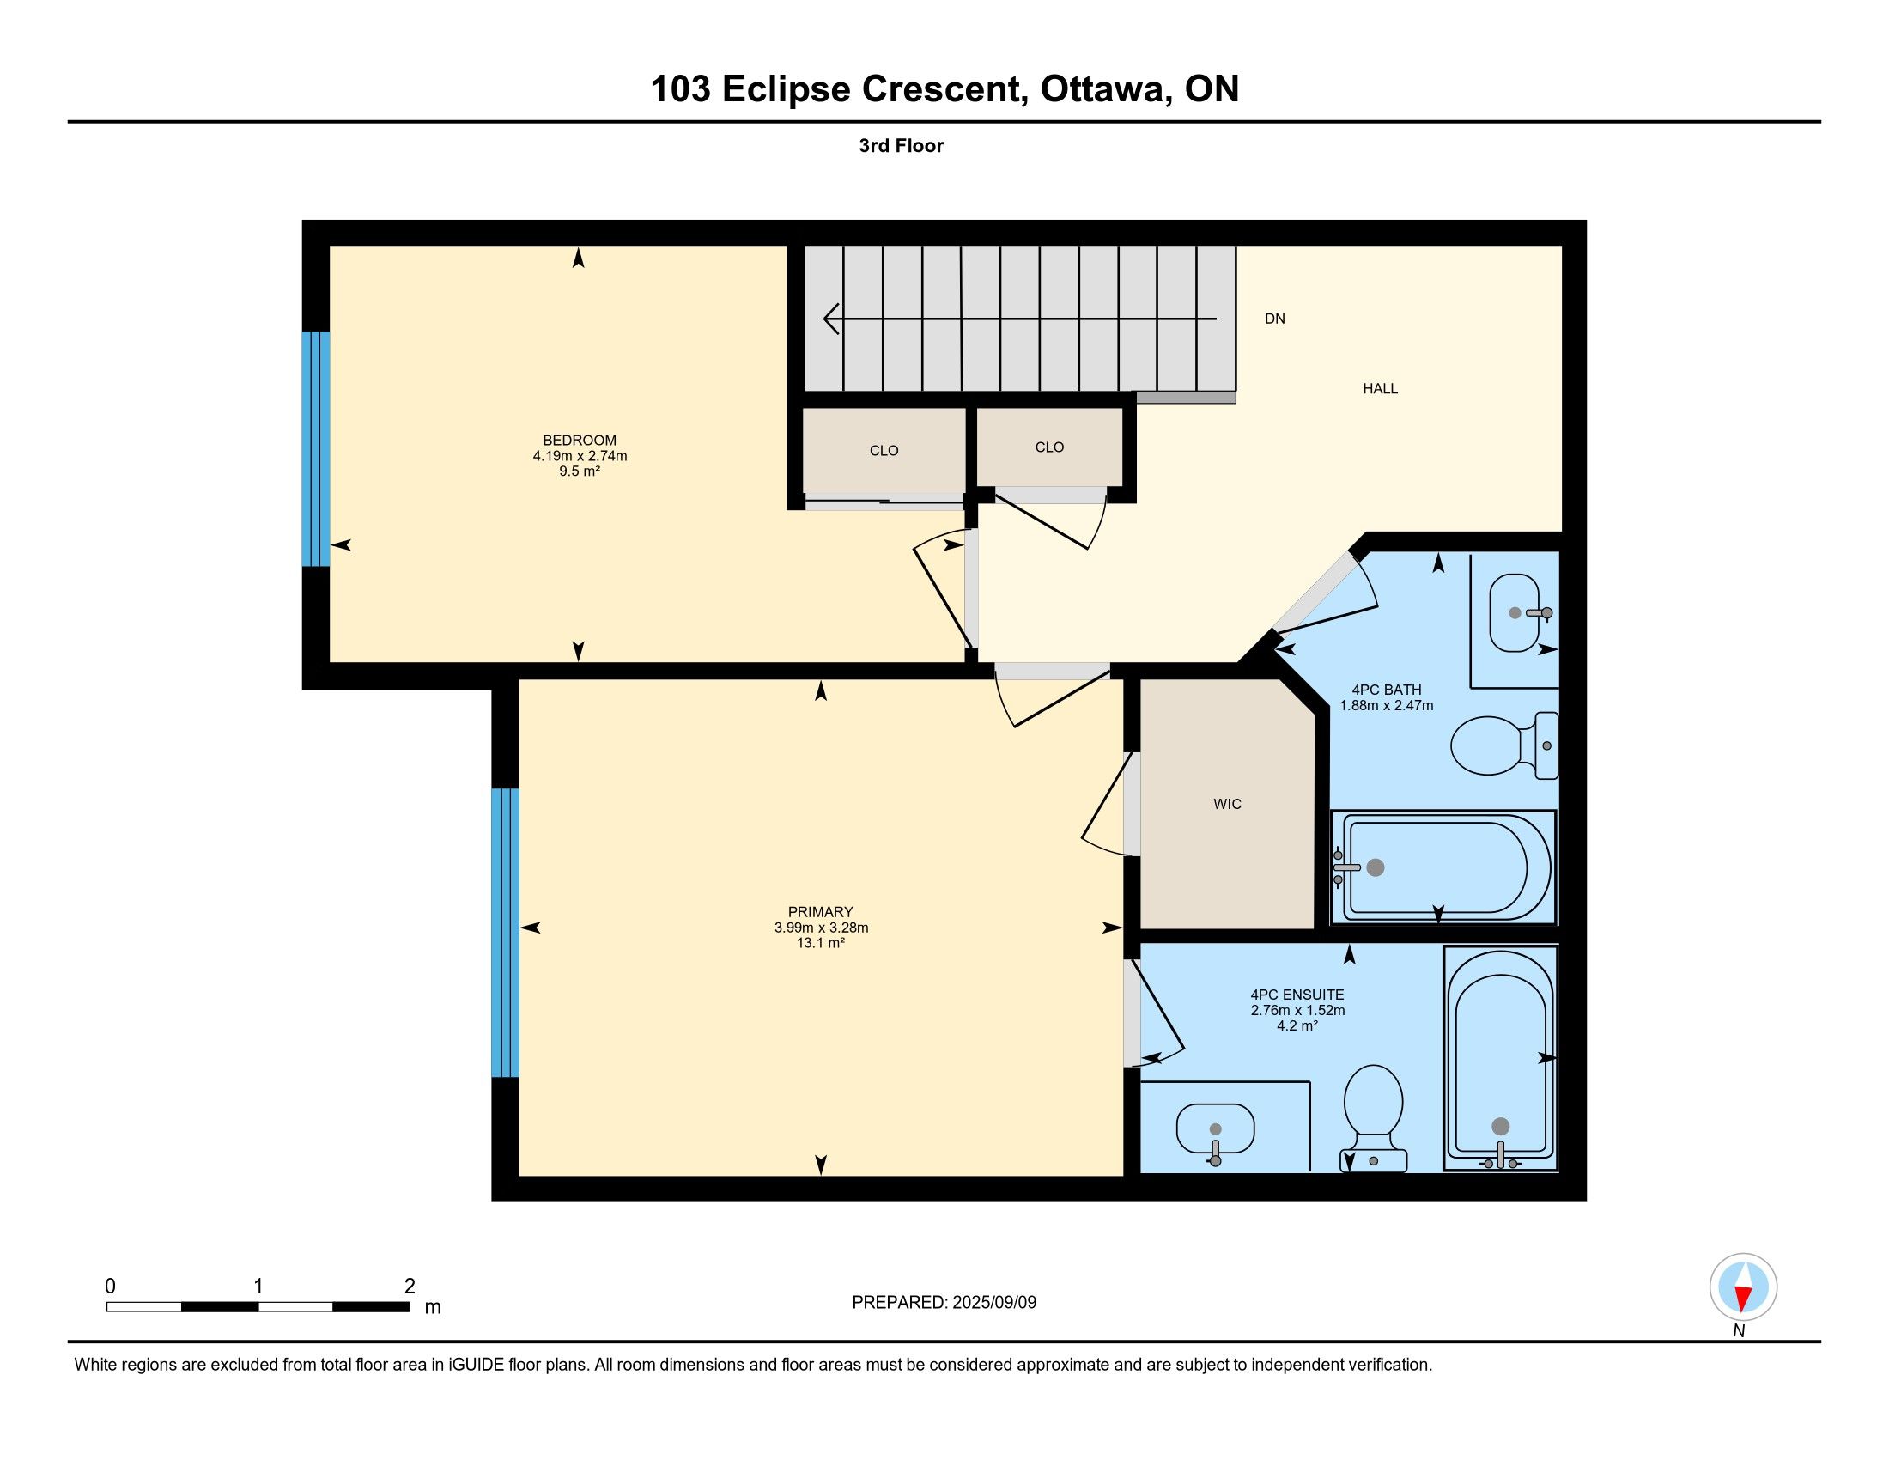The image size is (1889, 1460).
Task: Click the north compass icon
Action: pos(1743,1287)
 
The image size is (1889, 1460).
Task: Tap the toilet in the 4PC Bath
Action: pos(1504,745)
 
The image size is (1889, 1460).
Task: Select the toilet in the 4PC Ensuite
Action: pos(1374,1117)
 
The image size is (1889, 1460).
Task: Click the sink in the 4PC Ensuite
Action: pos(1215,1128)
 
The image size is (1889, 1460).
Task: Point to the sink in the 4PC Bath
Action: pos(1515,612)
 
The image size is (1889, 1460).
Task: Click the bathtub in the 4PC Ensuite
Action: pos(1501,1058)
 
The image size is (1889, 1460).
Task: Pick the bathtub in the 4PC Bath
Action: pos(1443,867)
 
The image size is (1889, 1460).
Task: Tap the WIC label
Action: pos(1227,805)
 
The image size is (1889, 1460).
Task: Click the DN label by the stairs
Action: pos(1275,319)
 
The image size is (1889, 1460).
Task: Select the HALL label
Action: pos(1381,388)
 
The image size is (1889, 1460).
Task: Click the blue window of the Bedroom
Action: pos(316,449)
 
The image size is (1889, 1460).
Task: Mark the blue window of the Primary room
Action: pos(505,933)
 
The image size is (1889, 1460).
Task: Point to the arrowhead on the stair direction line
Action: pos(831,319)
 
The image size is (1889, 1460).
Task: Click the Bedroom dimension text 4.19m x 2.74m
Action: pos(580,456)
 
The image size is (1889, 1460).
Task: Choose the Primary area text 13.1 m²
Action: pos(820,943)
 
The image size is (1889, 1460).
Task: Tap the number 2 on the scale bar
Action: pos(410,1287)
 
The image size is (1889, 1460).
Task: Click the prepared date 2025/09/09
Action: pos(993,1303)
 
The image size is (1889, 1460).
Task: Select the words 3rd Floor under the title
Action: pos(901,145)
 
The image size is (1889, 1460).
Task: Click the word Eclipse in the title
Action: pos(787,89)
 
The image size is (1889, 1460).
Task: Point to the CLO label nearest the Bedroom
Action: pos(884,451)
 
